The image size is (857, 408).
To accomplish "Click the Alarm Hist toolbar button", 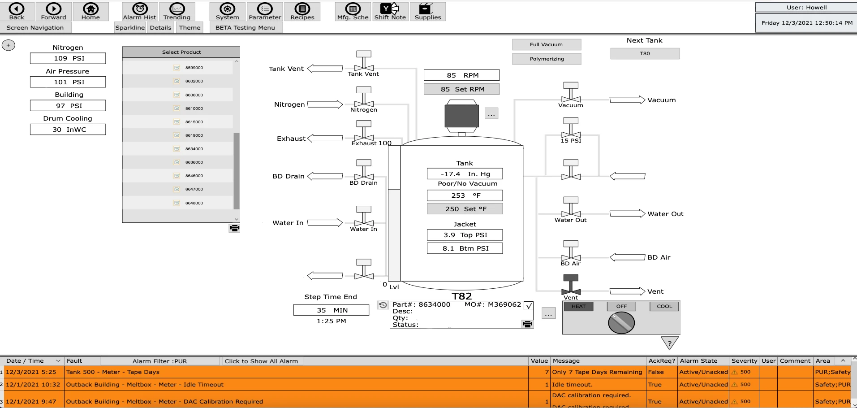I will tap(139, 11).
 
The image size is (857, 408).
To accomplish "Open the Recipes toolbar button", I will tap(302, 11).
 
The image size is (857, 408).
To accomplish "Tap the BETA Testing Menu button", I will tap(245, 28).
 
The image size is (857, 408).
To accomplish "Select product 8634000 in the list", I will tap(194, 149).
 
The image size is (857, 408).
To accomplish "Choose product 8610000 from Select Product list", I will tap(194, 109).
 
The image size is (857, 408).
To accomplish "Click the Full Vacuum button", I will tap(546, 44).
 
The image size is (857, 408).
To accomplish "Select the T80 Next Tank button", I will tap(644, 53).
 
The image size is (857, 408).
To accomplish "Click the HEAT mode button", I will tap(578, 306).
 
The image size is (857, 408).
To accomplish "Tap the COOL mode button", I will tap(664, 306).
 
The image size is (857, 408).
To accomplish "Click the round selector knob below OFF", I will tap(621, 323).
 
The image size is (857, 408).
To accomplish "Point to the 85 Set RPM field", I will tap(461, 89).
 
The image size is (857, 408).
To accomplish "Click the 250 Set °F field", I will tap(465, 209).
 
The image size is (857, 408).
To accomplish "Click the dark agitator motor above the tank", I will tap(461, 116).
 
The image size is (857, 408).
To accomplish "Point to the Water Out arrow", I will tap(627, 213).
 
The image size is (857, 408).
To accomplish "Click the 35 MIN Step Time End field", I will tap(331, 310).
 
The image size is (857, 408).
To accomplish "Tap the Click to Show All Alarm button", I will tap(262, 361).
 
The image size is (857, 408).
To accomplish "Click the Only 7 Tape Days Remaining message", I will tap(597, 372).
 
